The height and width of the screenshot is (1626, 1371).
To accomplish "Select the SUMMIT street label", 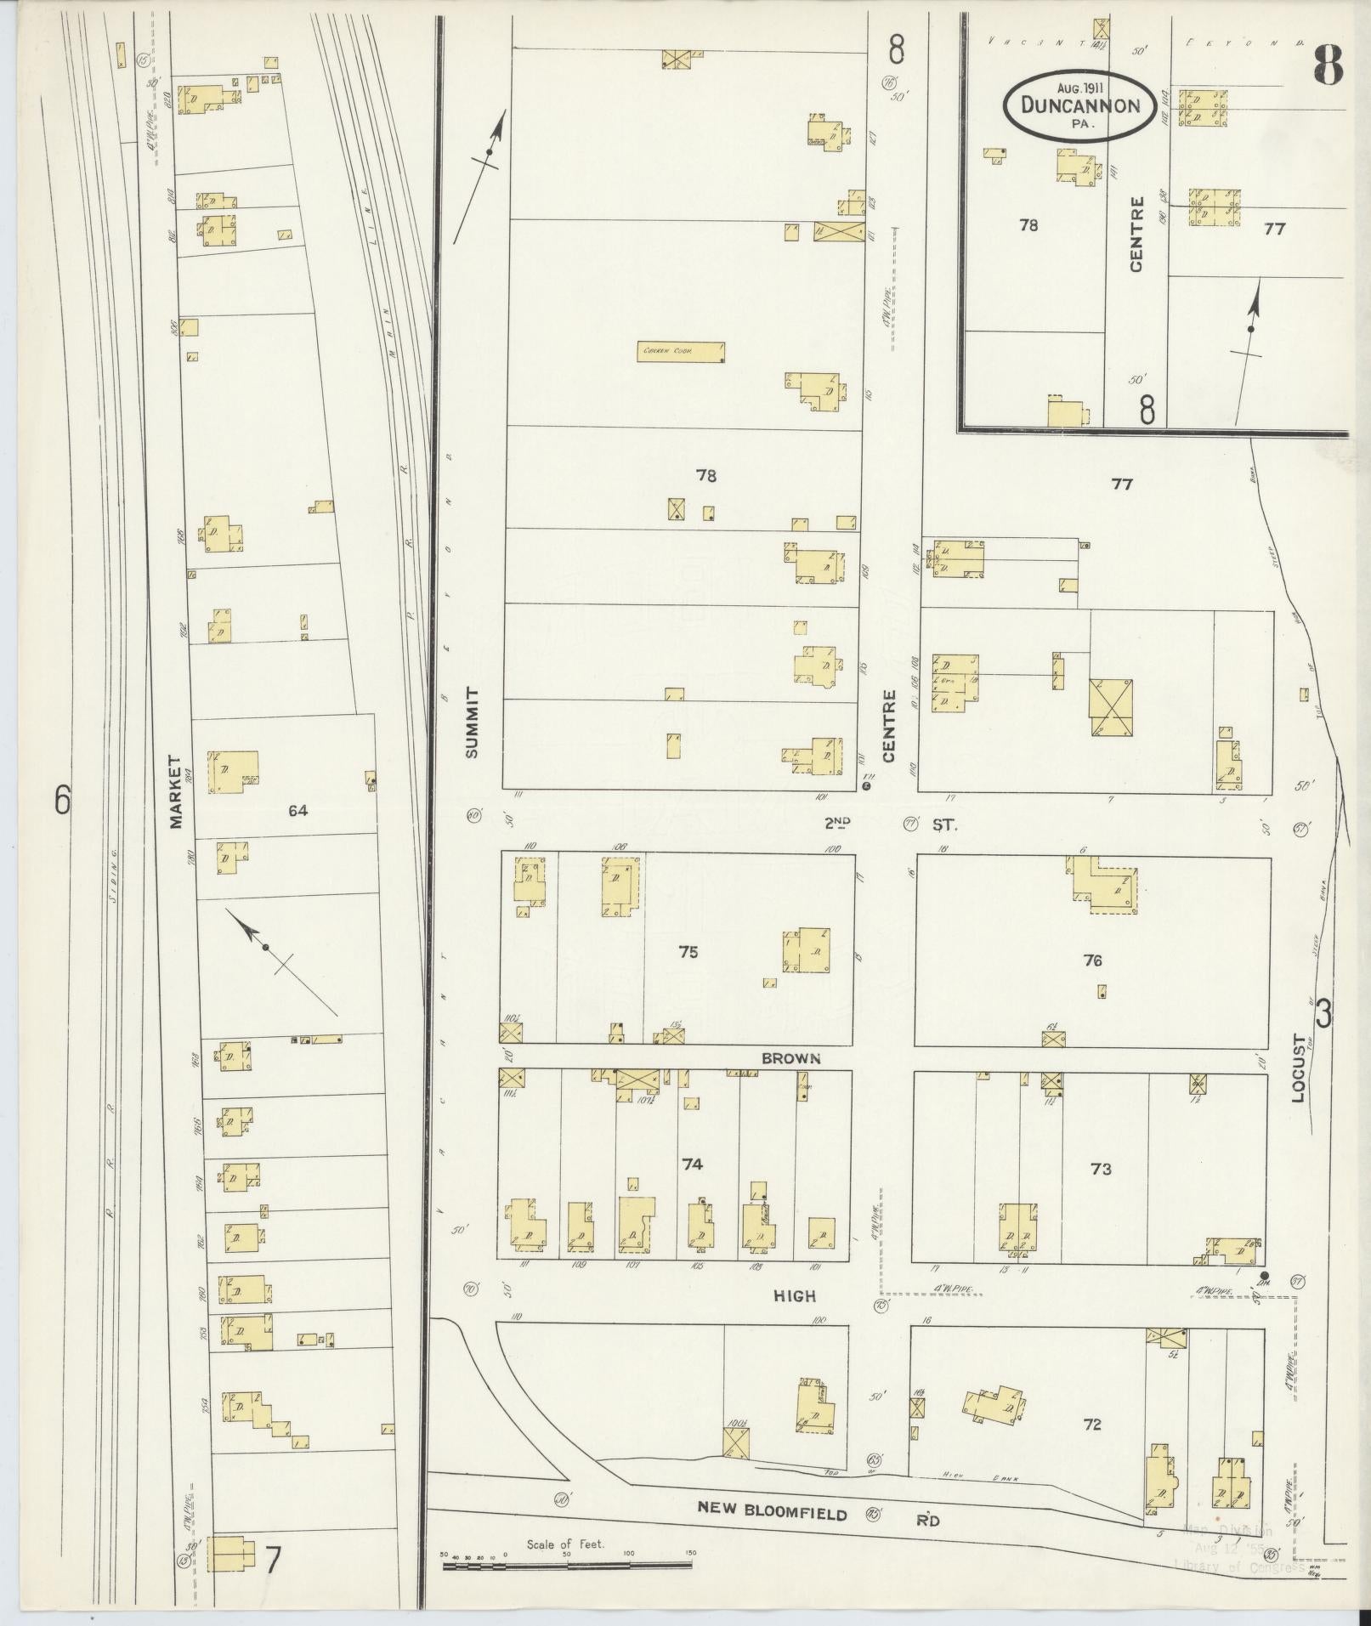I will (x=473, y=722).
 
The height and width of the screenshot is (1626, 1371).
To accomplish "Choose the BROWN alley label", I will (x=790, y=1058).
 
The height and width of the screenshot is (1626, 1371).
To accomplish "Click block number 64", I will (x=297, y=811).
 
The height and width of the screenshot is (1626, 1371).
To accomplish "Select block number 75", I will (x=688, y=952).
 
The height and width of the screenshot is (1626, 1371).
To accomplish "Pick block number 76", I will (x=1093, y=960).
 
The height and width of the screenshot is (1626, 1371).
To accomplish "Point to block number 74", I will (x=692, y=1164).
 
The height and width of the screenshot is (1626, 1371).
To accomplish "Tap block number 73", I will (x=1101, y=1170).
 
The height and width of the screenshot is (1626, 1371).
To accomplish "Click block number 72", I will (x=1092, y=1425).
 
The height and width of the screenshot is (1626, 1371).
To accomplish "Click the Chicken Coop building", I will (x=682, y=351).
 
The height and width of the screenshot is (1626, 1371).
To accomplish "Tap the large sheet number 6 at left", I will (x=62, y=800).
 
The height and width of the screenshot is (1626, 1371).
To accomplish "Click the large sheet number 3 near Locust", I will (x=1324, y=1014).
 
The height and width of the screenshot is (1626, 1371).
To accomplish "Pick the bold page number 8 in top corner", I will (x=1327, y=65).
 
